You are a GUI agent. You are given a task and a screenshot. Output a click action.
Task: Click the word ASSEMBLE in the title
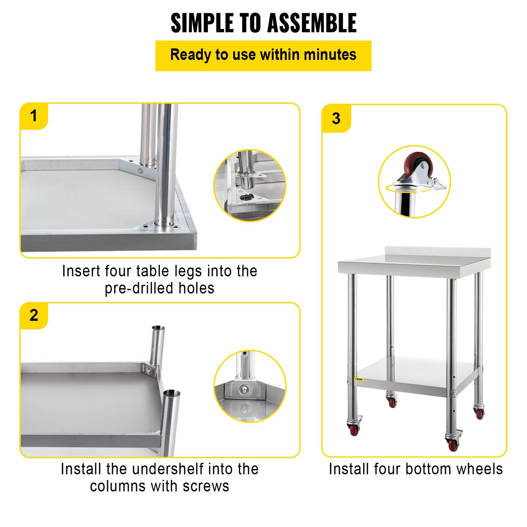[312, 23]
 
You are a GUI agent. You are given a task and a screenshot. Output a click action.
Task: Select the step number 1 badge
[34, 116]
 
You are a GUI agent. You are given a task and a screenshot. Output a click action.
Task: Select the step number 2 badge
[34, 316]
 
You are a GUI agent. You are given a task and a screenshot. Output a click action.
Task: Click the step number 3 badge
[336, 119]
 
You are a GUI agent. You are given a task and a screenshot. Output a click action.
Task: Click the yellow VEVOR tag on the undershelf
[358, 379]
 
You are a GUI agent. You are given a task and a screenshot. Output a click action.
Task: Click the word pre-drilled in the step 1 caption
[139, 288]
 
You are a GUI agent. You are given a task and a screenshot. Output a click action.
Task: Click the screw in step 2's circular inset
[244, 389]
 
